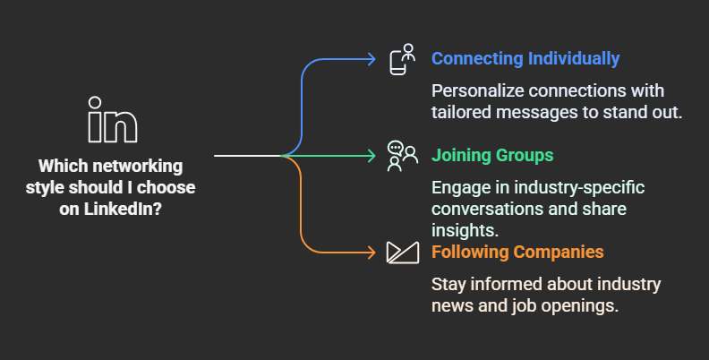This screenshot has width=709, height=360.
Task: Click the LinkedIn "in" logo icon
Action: [x=113, y=119]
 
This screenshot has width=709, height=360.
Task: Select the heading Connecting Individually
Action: [x=525, y=59]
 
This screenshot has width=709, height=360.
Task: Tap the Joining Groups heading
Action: [x=492, y=156]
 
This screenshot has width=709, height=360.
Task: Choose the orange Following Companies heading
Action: [x=517, y=252]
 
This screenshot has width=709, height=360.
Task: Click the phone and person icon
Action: [x=403, y=59]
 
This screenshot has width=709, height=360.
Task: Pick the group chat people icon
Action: [x=403, y=156]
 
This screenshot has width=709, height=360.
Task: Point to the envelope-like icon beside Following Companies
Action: [x=403, y=253]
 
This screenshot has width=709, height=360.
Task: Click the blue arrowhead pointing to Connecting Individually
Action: [x=372, y=59]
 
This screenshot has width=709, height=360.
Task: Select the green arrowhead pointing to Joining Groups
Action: [x=372, y=156]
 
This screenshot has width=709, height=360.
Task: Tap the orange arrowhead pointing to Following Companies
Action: [x=372, y=253]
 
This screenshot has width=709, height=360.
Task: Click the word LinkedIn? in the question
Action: [x=123, y=209]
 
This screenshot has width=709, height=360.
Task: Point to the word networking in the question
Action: [x=138, y=167]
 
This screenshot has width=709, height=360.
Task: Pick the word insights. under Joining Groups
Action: [x=465, y=230]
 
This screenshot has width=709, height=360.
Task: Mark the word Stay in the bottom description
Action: [x=448, y=285]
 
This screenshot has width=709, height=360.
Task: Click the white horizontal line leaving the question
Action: [x=248, y=156]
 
